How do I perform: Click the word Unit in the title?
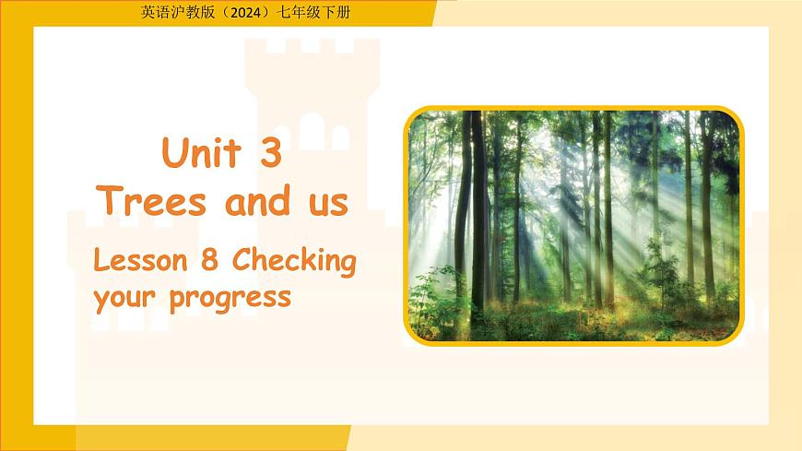click(203, 153)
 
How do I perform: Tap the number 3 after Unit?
click(269, 153)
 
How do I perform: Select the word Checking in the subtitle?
click(293, 263)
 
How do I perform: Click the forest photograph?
click(573, 225)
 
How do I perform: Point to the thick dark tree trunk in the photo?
click(478, 221)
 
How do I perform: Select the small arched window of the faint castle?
click(312, 131)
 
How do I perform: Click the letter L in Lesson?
click(100, 262)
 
